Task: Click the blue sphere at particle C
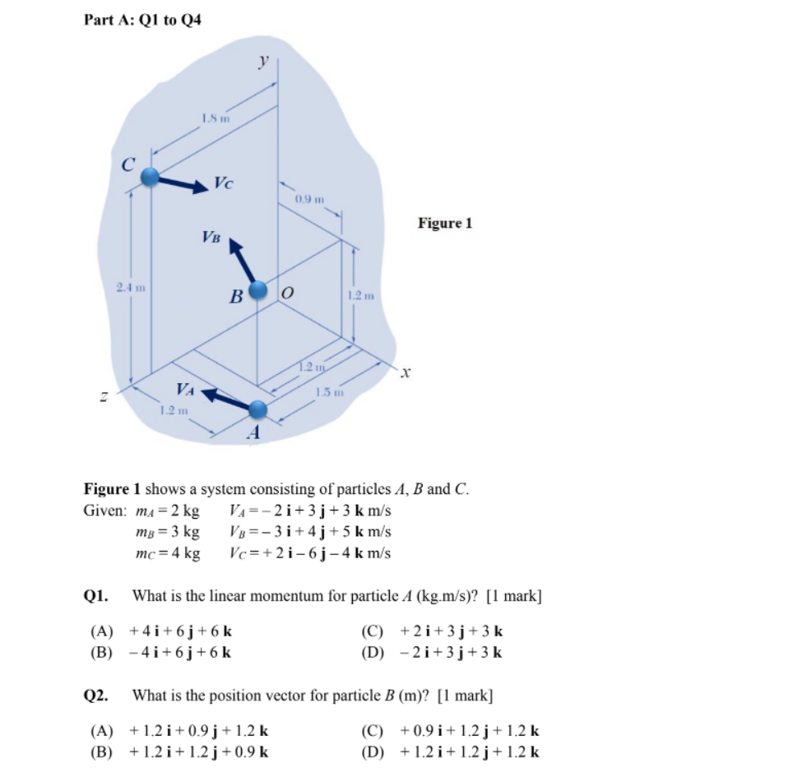coord(150,177)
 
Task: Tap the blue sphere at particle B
coord(258,289)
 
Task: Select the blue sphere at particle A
coord(258,409)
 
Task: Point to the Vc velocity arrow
coord(185,183)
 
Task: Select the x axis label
coord(405,374)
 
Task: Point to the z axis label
coord(104,397)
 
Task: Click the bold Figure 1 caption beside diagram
coord(445,223)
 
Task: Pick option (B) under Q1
coord(160,653)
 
